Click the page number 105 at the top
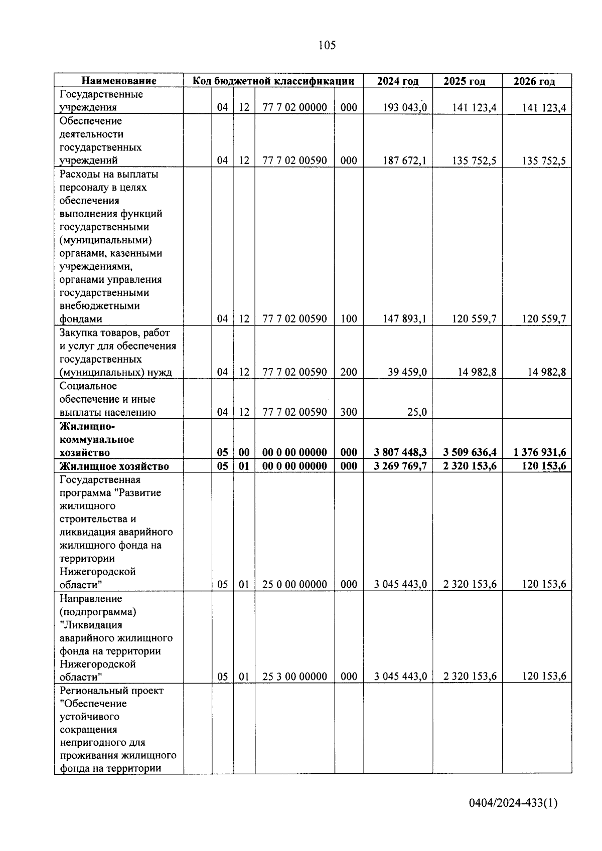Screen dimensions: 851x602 (327, 46)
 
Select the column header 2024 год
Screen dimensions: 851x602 (397, 81)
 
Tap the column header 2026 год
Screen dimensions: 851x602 (534, 81)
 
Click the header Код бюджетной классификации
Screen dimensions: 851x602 (274, 81)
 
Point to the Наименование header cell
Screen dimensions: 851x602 (119, 81)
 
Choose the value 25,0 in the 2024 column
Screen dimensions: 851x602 (417, 412)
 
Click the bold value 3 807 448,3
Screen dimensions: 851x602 (400, 452)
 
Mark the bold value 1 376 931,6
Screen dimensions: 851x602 (540, 452)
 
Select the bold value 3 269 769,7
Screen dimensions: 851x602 (400, 466)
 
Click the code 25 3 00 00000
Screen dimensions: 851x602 (294, 676)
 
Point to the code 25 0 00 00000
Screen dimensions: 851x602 (294, 584)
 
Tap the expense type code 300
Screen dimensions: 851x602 (349, 412)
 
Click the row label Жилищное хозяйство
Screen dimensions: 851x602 (114, 466)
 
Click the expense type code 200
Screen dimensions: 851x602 (349, 372)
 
